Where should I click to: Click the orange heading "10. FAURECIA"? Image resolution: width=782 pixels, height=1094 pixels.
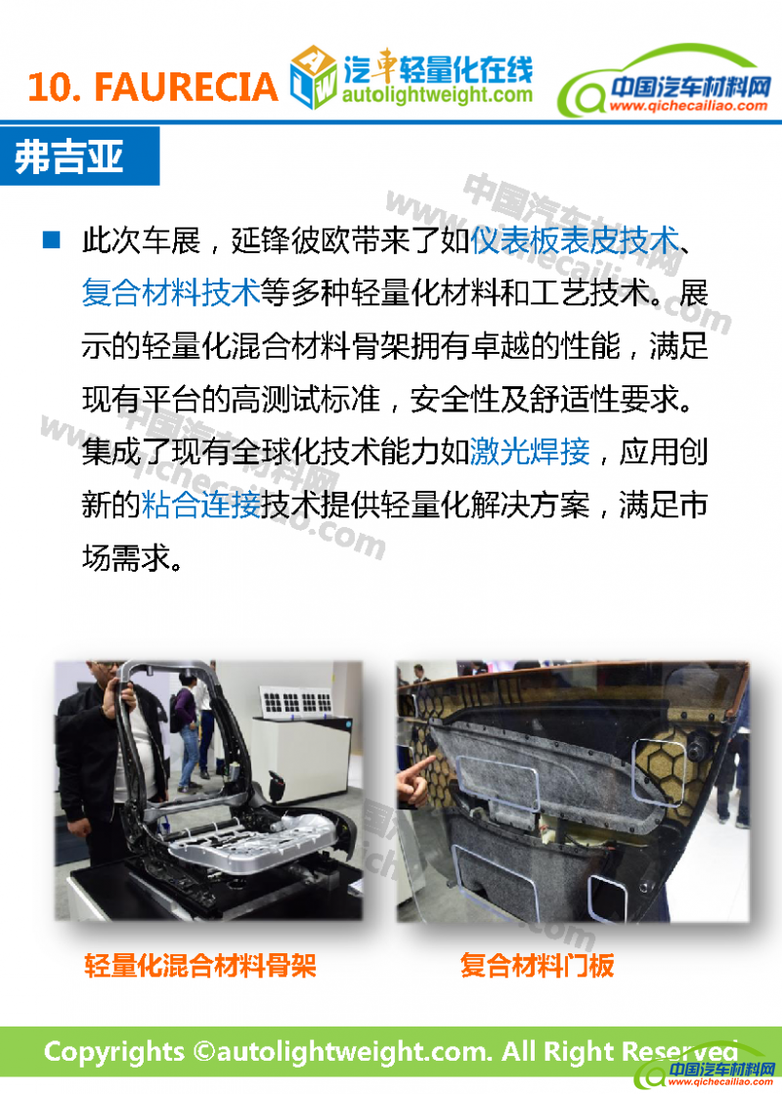click(152, 87)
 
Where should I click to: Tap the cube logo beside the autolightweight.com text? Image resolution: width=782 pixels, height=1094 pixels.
click(313, 77)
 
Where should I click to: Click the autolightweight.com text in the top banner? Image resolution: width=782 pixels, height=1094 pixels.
click(437, 94)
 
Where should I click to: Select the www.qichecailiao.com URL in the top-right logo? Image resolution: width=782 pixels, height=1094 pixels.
click(688, 106)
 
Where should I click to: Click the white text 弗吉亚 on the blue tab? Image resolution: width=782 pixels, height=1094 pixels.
click(69, 155)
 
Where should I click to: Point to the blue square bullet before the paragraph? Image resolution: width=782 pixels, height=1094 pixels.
click(52, 240)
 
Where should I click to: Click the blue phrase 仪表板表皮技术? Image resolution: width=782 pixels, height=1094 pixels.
click(574, 240)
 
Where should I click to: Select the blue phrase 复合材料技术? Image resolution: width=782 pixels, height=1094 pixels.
click(171, 292)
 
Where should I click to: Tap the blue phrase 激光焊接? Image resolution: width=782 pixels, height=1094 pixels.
click(530, 452)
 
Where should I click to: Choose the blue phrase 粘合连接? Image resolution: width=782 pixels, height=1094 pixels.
click(201, 504)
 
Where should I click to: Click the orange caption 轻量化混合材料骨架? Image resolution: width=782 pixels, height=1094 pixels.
click(200, 966)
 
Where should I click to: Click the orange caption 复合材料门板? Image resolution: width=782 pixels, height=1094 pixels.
click(537, 966)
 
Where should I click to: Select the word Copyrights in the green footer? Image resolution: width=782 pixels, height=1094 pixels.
click(115, 1052)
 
